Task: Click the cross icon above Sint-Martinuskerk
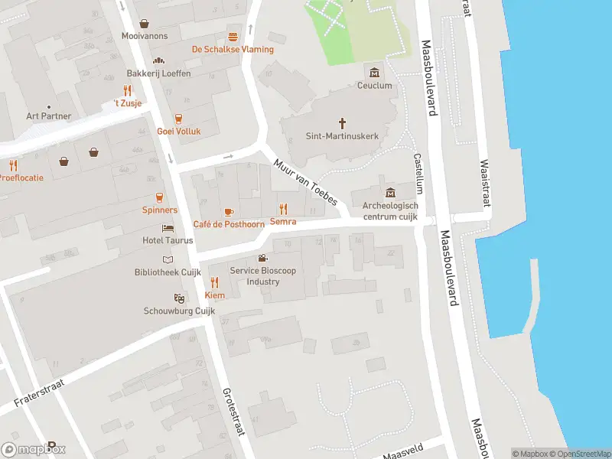point(343,122)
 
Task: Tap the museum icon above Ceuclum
point(375,73)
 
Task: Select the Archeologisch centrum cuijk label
point(390,211)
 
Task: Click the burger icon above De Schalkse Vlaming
point(233,36)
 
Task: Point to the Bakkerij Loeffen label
point(158,73)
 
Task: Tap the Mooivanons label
point(145,36)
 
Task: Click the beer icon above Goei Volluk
point(178,118)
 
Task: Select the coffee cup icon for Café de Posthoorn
point(228,211)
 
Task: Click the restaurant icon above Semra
point(283,208)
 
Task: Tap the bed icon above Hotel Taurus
point(168,228)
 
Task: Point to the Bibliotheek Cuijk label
point(168,272)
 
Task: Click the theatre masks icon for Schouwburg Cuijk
point(179,298)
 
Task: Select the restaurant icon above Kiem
point(214,282)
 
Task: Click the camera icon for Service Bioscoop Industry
point(262,259)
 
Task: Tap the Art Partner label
point(48,116)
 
